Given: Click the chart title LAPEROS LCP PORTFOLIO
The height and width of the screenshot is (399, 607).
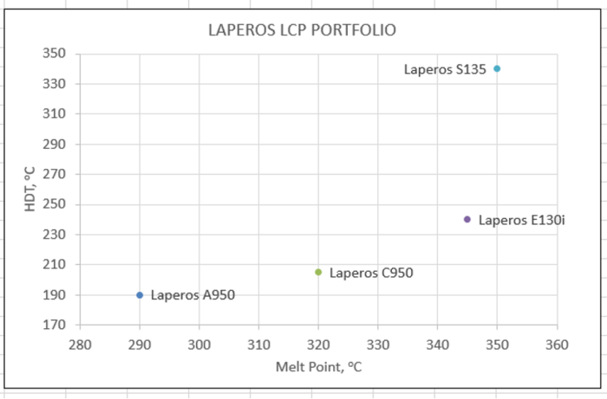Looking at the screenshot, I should pos(302,30).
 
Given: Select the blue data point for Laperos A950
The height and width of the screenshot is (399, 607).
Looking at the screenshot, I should pos(140,295).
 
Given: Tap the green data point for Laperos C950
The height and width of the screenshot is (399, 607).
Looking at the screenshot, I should pos(318,272).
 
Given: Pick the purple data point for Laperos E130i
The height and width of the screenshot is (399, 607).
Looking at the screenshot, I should pos(467,219).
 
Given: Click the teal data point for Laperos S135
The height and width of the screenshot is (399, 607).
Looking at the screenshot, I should pos(497,68).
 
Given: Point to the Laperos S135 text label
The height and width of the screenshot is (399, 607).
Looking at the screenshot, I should pos(445,69).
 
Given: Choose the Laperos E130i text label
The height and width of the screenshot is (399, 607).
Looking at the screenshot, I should pos(521,220).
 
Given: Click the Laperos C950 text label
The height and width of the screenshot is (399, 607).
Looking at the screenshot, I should pos(371,273).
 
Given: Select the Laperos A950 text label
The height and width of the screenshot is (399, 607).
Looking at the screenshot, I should pos(193,295).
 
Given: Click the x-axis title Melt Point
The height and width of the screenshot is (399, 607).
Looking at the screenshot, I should pos(318,367).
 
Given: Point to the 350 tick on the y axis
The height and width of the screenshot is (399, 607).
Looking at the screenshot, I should pos(55,54).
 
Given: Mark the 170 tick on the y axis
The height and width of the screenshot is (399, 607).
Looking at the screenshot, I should pos(55,325).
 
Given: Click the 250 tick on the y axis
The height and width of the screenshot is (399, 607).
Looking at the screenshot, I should pos(55,204).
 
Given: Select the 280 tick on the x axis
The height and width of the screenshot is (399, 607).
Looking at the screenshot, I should pos(80,344).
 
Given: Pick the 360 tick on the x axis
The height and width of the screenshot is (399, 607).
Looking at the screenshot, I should pos(557,344).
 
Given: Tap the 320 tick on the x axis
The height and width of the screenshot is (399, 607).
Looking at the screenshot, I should pos(318,344).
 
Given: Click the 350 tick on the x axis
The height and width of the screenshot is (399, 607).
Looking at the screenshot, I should pos(497,344).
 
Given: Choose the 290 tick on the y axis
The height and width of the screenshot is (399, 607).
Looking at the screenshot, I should pos(55,144).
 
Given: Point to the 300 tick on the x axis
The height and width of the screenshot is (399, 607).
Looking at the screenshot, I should pos(199,344).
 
